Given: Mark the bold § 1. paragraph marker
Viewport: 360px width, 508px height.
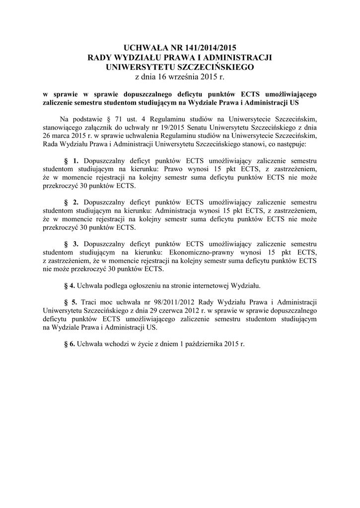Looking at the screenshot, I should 72,161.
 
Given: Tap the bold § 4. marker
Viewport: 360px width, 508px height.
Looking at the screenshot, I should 71,286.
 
